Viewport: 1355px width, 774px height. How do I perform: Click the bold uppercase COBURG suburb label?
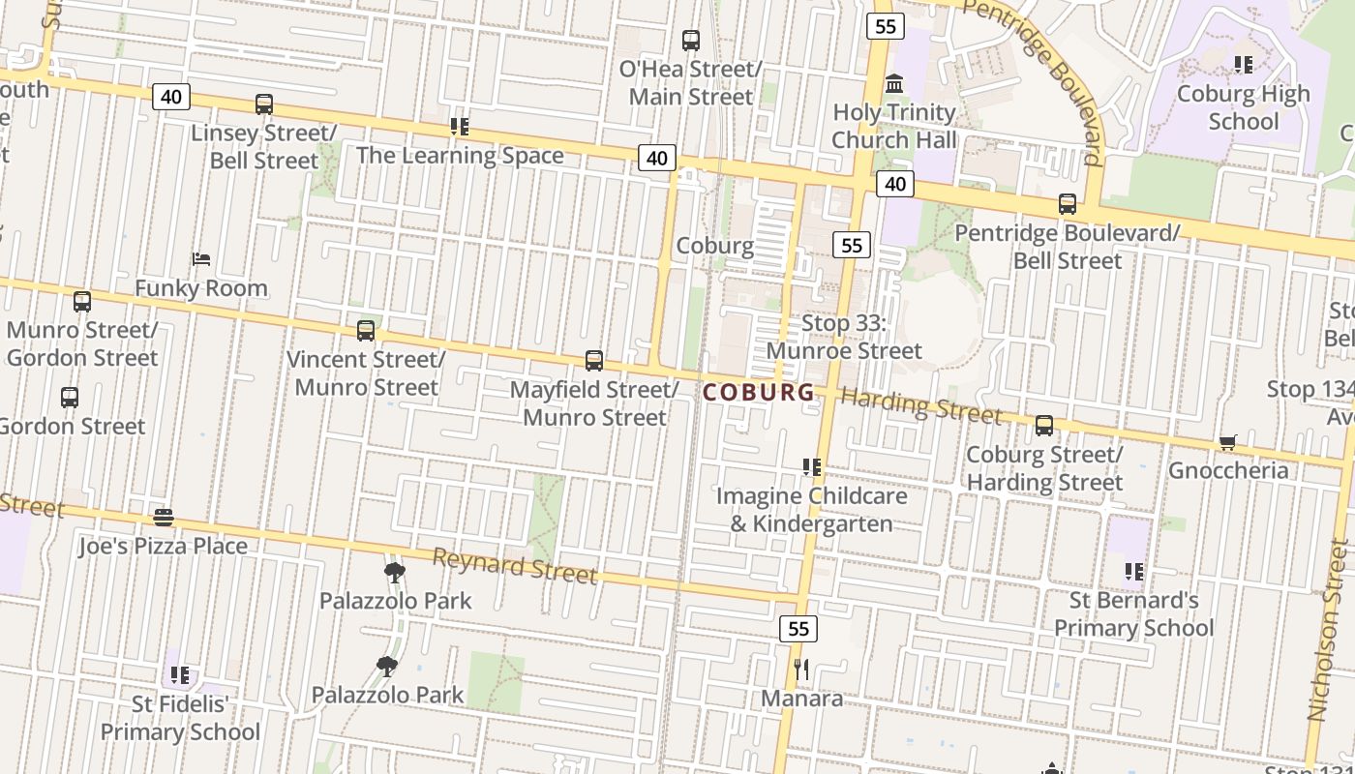point(759,392)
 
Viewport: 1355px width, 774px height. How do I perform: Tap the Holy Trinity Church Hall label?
point(893,126)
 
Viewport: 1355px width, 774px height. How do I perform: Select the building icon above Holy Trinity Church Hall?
point(894,84)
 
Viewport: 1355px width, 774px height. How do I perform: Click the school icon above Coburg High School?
point(1244,65)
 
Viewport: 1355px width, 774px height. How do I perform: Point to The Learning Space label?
point(460,155)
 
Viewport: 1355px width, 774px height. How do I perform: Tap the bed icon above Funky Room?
point(201,259)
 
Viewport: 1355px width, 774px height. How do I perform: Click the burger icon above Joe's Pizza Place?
point(164,518)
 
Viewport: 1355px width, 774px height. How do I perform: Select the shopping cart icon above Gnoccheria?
point(1228,443)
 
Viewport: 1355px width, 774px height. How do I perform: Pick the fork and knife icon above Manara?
point(801,670)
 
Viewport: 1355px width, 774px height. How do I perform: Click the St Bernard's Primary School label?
point(1133,613)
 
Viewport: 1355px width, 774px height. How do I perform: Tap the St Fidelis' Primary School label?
point(180,717)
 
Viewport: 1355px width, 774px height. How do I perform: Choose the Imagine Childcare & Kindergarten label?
point(811,510)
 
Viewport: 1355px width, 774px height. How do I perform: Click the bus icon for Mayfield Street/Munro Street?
point(594,361)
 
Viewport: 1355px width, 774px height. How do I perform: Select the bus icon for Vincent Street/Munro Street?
point(366,331)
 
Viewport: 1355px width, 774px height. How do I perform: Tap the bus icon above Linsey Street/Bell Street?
point(264,104)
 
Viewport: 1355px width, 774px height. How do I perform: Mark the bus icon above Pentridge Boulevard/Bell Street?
point(1068,204)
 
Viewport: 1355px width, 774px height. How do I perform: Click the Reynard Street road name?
point(514,566)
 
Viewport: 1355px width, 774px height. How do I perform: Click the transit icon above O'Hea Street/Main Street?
point(691,41)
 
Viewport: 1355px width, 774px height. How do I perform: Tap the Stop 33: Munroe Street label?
point(844,337)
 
